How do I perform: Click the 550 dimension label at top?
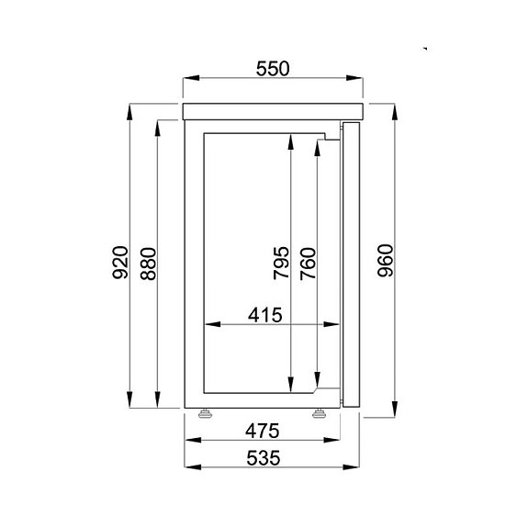tap(273, 67)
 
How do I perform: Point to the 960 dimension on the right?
tap(386, 262)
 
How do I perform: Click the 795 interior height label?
tap(281, 262)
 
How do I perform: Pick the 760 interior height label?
tap(309, 263)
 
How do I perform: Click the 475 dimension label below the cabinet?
tap(263, 431)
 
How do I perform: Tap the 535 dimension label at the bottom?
tap(263, 456)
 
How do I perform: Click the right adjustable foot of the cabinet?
tap(320, 412)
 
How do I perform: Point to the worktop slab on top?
tap(274, 112)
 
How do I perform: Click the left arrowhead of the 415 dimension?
tap(208, 323)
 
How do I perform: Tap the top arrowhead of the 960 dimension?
tap(396, 109)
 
